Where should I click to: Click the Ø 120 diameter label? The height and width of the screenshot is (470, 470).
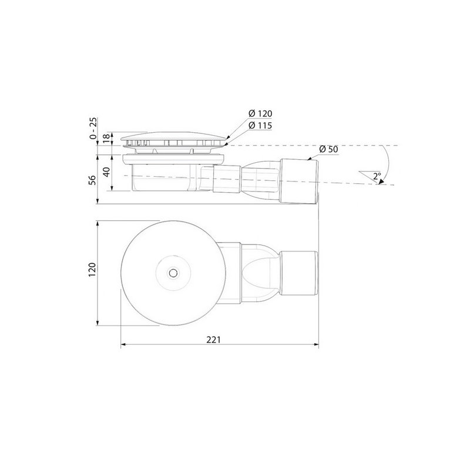(x=260, y=113)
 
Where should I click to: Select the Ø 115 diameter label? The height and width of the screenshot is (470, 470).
(x=260, y=126)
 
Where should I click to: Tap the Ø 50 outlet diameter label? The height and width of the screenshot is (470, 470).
(x=328, y=149)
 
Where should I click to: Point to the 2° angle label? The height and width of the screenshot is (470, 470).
(x=377, y=176)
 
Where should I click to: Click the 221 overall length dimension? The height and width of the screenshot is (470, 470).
(x=213, y=340)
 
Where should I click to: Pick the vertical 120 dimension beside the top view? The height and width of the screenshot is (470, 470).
(x=92, y=270)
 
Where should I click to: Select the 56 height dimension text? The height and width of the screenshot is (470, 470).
(x=93, y=180)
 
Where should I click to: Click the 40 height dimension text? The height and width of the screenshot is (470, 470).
(x=106, y=172)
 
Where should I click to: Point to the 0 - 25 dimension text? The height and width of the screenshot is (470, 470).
(x=93, y=128)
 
